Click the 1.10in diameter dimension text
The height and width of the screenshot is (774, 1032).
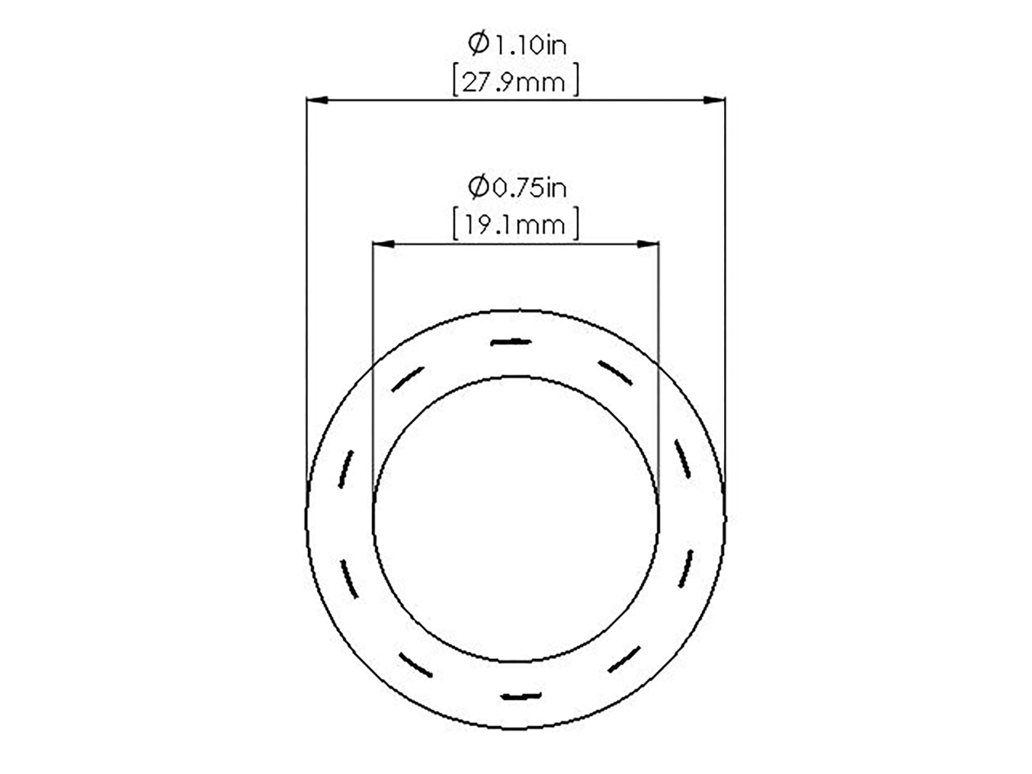pos(518,44)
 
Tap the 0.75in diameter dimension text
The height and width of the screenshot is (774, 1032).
pos(517,187)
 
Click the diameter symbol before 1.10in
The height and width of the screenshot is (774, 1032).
pos(479,44)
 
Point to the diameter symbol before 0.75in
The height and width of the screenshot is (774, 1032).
pos(479,187)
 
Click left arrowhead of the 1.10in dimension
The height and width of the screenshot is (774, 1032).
pos(317,100)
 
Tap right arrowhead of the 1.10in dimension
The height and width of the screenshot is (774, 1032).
pos(713,100)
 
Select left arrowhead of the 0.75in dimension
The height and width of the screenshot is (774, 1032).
pos(384,244)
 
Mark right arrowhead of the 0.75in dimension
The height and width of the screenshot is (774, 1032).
pos(648,244)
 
